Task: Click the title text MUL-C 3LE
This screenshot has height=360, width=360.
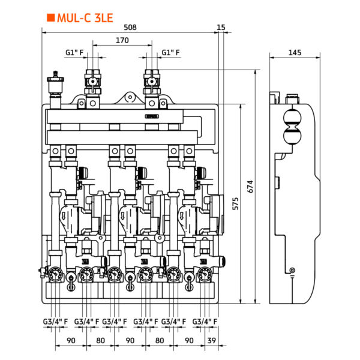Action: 85,18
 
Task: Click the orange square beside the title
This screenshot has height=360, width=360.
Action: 50,18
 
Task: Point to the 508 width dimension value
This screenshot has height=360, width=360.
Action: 130,28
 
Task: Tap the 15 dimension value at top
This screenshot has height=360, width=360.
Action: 221,28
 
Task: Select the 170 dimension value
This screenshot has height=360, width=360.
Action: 122,40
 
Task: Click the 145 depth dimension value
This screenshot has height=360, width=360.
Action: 295,53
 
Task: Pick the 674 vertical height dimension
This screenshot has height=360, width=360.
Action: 250,187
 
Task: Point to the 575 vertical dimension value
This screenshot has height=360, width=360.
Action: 235,203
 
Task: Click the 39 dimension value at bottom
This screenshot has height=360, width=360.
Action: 211,340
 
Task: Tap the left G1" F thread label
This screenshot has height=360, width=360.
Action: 74,53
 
